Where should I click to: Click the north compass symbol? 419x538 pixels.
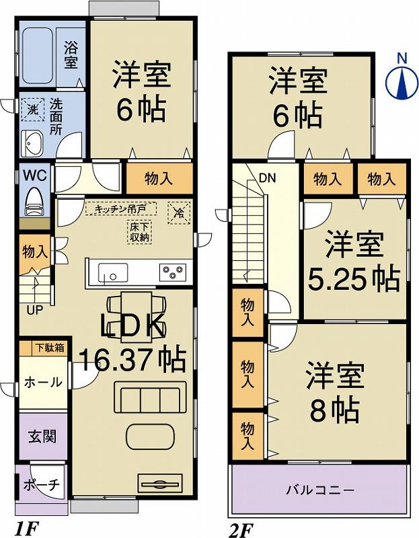(x=402, y=82)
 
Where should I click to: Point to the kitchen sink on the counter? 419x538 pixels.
(x=113, y=273)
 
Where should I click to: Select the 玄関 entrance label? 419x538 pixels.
(x=42, y=436)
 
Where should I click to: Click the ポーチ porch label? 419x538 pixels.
(x=42, y=485)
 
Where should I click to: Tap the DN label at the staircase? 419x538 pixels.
(x=266, y=178)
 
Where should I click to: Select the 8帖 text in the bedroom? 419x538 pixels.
(x=334, y=408)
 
